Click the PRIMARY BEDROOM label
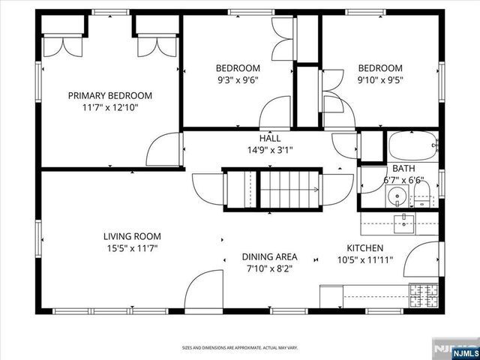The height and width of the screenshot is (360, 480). tap(110, 95)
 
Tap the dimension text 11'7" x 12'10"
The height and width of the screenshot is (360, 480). tap(110, 107)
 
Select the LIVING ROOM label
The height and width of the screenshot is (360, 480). tap(133, 236)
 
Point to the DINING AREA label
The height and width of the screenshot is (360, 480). tap(269, 256)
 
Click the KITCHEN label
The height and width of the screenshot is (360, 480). tap(365, 248)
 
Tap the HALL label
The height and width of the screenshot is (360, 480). tap(270, 138)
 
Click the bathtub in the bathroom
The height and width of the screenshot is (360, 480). tap(412, 145)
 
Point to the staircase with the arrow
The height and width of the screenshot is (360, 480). tap(289, 190)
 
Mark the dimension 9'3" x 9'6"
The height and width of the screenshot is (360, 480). tap(238, 79)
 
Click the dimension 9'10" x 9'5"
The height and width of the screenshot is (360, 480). tap(379, 79)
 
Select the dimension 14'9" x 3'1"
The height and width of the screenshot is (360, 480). tap(270, 149)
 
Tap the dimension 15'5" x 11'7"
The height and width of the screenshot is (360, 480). tap(133, 247)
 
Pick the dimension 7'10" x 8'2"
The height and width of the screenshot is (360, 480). tap(269, 267)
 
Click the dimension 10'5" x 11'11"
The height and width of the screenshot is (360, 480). tap(365, 260)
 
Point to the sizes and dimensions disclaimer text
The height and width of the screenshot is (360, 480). tap(239, 347)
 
